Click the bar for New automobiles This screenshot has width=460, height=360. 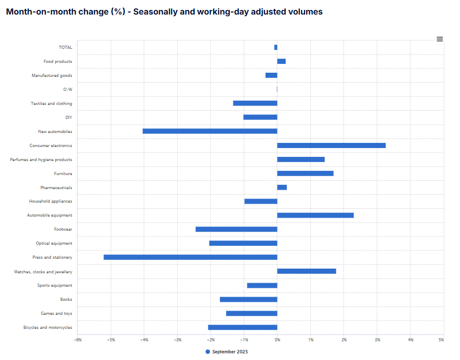click(210, 131)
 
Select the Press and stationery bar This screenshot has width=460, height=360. click(190, 257)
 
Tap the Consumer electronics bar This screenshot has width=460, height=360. click(331, 145)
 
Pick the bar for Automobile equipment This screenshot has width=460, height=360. click(315, 215)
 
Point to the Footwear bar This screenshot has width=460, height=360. click(236, 229)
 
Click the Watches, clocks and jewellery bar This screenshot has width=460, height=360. click(306, 271)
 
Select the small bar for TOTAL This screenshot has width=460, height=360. click(275, 47)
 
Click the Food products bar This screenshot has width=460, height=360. click(281, 61)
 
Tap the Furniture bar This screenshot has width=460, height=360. click(305, 174)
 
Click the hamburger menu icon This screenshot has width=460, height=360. click(440, 39)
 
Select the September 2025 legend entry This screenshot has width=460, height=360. click(227, 352)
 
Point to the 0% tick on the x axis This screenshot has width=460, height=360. click(277, 340)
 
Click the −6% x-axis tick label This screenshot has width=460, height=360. click(77, 340)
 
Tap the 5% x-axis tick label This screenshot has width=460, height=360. click(441, 340)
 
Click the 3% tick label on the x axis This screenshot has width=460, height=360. click(377, 340)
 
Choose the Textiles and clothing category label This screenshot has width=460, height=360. click(51, 103)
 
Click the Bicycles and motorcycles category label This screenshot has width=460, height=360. click(48, 327)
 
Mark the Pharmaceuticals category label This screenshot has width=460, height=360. click(56, 188)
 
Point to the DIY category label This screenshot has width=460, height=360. click(69, 117)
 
